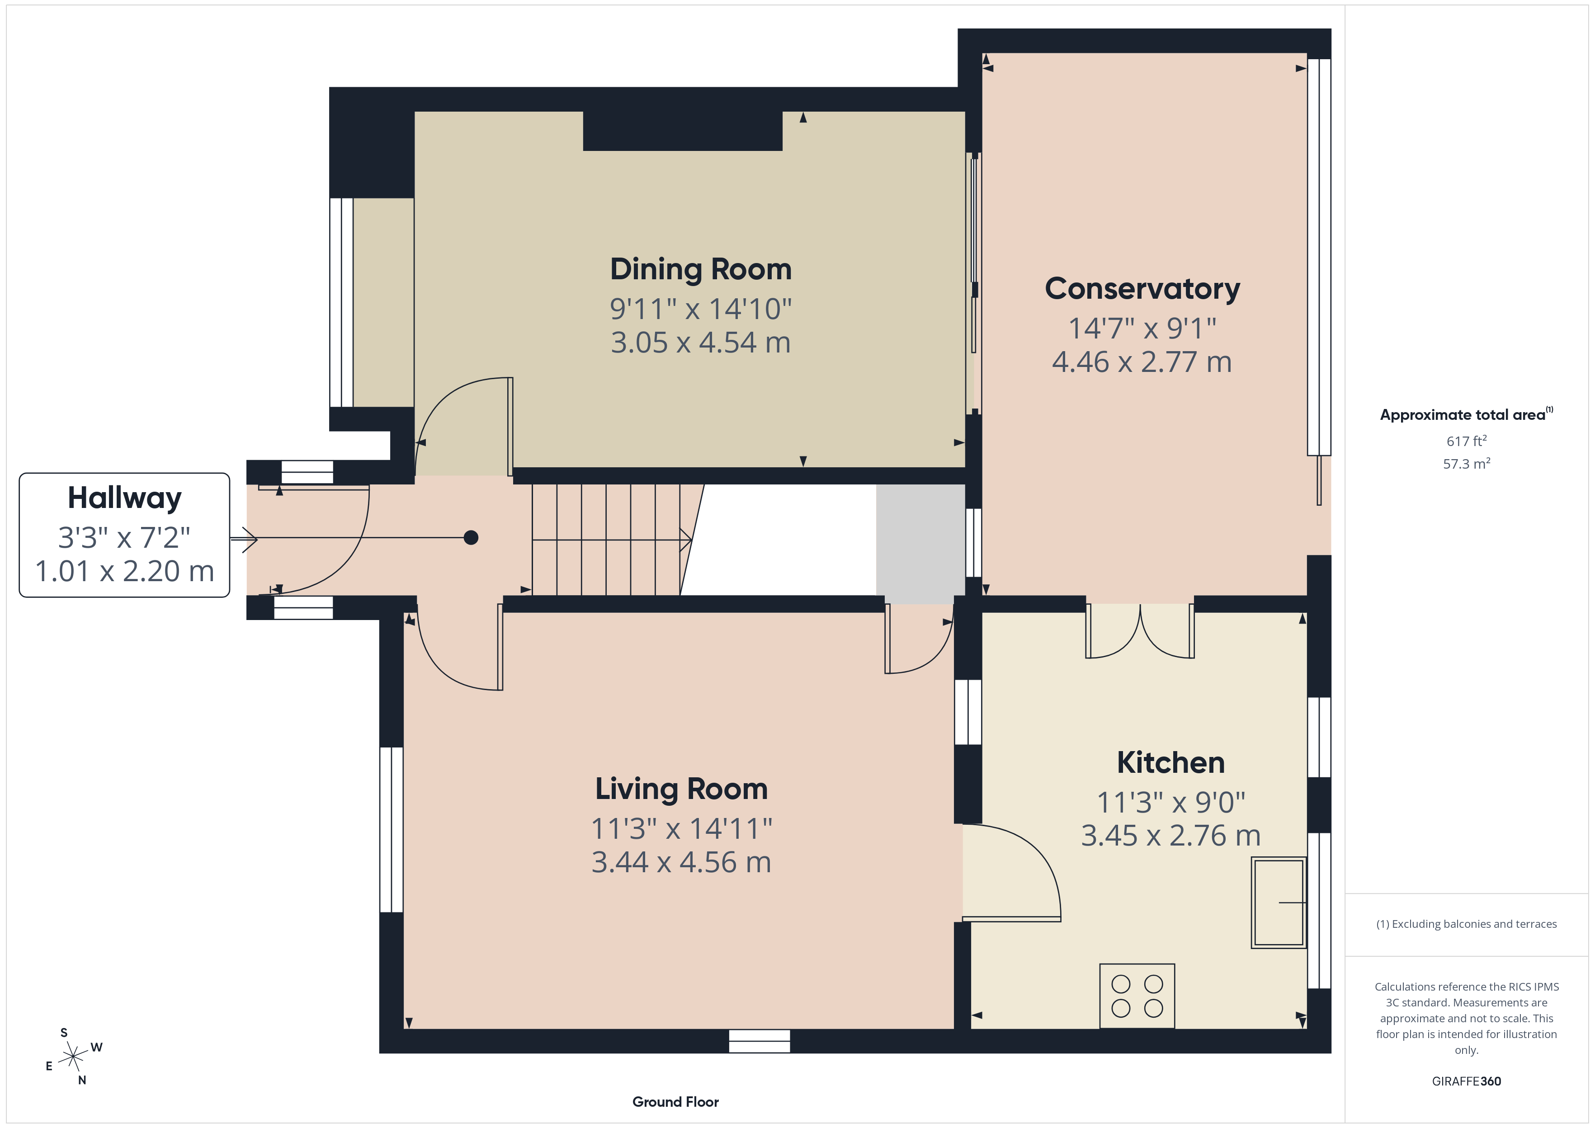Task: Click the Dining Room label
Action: pyautogui.click(x=701, y=269)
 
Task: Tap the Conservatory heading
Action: pyautogui.click(x=1142, y=289)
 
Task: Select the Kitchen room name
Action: pyautogui.click(x=1170, y=763)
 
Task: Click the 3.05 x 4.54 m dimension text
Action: pyautogui.click(x=701, y=343)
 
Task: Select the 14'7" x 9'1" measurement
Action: pyautogui.click(x=1142, y=328)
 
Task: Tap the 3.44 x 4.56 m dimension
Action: pyautogui.click(x=681, y=862)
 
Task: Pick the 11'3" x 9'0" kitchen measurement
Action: pyautogui.click(x=1170, y=802)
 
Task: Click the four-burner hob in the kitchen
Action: pyautogui.click(x=1137, y=996)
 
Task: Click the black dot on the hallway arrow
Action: pyautogui.click(x=471, y=538)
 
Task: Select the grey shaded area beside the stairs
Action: pyautogui.click(x=920, y=544)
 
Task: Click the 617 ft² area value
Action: pyautogui.click(x=1467, y=441)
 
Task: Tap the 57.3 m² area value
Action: pyautogui.click(x=1467, y=463)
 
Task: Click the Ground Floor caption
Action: pyautogui.click(x=675, y=1102)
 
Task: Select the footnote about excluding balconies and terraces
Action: pyautogui.click(x=1467, y=924)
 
